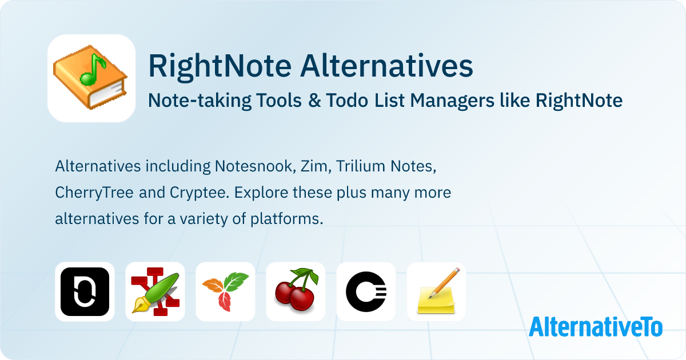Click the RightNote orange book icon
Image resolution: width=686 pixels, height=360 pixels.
[x=91, y=78]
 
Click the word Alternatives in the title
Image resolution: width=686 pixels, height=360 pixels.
[x=386, y=66]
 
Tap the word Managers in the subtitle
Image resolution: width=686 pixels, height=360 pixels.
[x=461, y=101]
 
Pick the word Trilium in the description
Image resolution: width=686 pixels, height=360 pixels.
[x=360, y=167]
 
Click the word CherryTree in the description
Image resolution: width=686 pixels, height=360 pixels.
[x=95, y=193]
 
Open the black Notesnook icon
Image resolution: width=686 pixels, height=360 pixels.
[x=85, y=291]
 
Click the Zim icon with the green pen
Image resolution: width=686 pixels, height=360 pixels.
[x=155, y=291]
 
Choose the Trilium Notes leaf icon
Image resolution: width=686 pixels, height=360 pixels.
[x=225, y=291]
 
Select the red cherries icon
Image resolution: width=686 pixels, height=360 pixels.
[x=296, y=291]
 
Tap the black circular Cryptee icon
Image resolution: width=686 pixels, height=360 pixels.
[x=366, y=291]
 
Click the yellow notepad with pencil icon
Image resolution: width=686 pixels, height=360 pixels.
[x=436, y=291]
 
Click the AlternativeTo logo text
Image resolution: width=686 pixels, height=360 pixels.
[x=595, y=326]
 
